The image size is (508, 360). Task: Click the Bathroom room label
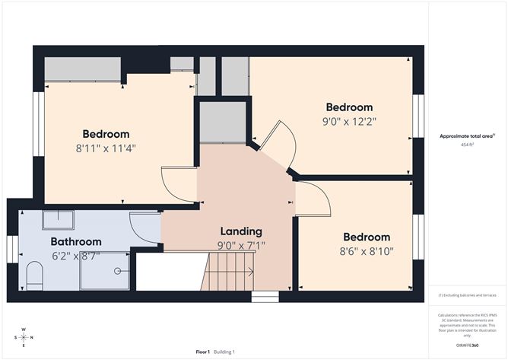coord(76,241)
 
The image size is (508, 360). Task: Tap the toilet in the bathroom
coord(34,276)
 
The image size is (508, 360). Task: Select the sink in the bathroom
coord(58,221)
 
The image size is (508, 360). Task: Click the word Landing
coord(241,231)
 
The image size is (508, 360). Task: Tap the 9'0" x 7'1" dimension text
coord(241,245)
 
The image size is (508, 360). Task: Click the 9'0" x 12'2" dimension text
coord(349,120)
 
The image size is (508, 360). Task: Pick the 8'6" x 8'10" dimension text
coord(366,250)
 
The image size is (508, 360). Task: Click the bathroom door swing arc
coord(144,228)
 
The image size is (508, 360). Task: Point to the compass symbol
coord(24,336)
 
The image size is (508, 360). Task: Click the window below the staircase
coord(265,297)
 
